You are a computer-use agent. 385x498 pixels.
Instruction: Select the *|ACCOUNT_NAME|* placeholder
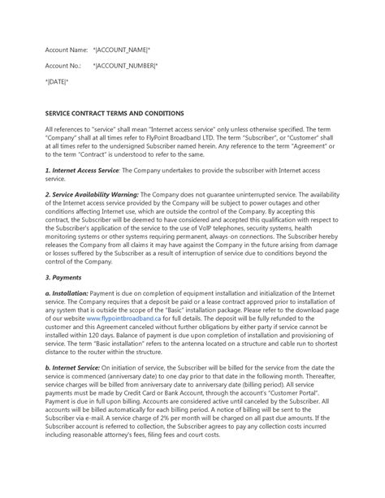[126, 50]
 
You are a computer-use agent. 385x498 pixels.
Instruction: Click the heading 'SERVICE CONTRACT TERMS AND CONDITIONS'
[115, 114]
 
